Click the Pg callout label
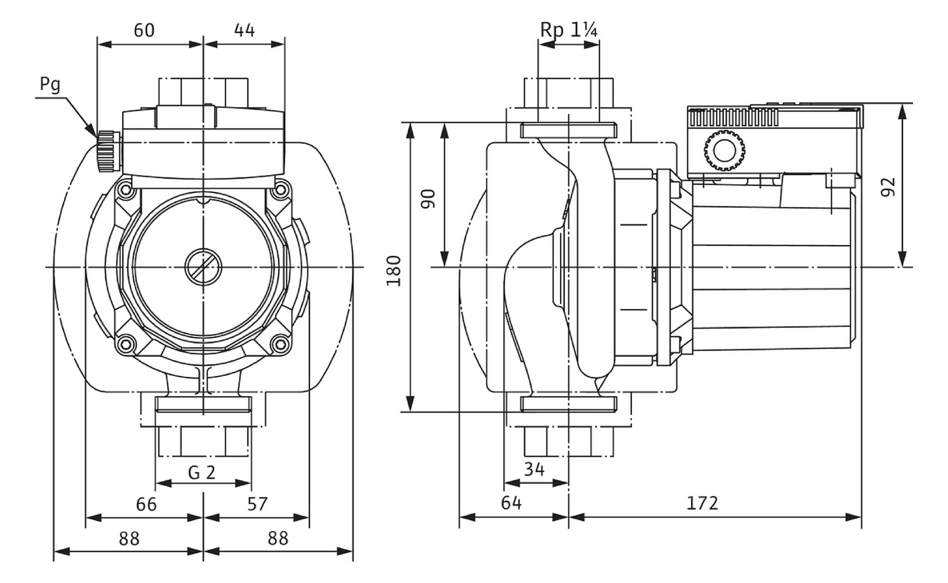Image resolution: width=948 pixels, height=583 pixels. (50, 84)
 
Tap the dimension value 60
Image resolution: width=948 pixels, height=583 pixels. (144, 30)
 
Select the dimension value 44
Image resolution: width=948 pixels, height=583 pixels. (244, 30)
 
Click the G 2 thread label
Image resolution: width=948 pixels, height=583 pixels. (201, 472)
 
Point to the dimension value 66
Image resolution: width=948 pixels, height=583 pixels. (146, 504)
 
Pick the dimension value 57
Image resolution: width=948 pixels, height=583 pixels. (257, 504)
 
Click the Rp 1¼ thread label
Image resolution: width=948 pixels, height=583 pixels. (568, 30)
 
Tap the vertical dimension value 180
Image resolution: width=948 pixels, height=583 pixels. (394, 270)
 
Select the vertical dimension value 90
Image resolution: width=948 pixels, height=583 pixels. (428, 198)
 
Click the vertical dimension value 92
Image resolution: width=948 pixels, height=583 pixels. (887, 186)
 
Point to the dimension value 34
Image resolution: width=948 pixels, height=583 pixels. (534, 469)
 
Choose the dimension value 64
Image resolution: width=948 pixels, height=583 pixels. (511, 503)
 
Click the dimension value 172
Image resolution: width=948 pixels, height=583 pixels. (702, 503)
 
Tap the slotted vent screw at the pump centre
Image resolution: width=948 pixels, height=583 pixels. (203, 266)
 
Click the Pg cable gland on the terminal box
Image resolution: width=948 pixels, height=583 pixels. (108, 151)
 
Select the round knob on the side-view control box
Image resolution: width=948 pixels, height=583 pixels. (724, 150)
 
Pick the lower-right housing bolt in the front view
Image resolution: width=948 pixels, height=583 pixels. (281, 344)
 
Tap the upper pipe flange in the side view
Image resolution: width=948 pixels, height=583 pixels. (568, 130)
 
